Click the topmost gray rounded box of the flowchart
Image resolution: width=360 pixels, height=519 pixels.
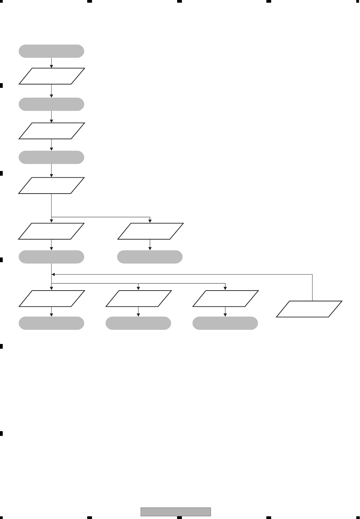coord(51,51)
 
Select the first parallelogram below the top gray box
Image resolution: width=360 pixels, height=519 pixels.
coord(51,76)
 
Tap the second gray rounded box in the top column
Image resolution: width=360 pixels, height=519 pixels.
coord(51,104)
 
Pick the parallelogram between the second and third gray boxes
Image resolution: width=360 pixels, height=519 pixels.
coord(51,131)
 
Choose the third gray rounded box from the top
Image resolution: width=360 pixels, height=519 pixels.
coord(51,157)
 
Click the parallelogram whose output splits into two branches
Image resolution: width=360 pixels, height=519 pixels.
coord(51,186)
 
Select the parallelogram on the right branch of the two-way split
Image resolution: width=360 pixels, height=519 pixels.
coord(150,231)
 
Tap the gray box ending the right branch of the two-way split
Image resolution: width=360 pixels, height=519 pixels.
coord(150,257)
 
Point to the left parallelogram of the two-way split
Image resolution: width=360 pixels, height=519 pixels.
coord(51,231)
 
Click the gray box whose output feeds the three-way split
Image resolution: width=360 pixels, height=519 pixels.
coord(51,257)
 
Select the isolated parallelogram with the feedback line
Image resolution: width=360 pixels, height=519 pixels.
coord(309,309)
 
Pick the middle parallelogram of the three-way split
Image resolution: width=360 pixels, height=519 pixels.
coord(138,298)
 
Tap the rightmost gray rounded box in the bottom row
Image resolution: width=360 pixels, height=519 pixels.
coord(225,323)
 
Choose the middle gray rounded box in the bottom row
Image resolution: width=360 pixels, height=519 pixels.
coord(138,323)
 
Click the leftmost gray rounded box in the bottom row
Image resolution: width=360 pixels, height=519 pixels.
coord(51,323)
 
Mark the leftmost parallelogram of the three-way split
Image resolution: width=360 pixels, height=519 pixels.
coord(51,298)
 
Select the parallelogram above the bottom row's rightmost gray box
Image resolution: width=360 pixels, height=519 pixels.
coord(225,298)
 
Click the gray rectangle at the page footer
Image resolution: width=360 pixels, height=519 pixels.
coord(176,512)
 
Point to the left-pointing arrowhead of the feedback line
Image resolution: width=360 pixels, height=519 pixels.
coord(53,274)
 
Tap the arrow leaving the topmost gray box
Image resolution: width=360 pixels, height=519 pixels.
coord(51,63)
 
